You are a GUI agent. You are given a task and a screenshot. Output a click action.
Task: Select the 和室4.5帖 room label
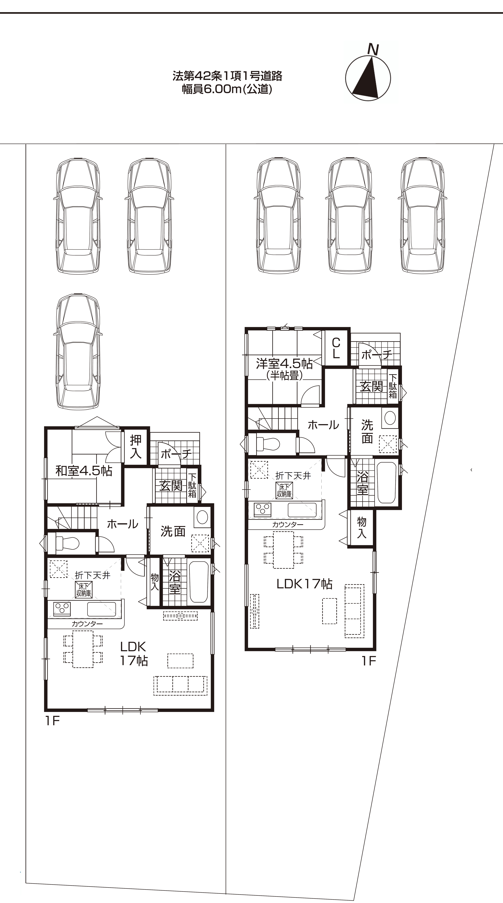tap(84, 471)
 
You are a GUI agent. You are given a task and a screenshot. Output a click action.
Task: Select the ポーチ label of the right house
tap(377, 355)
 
